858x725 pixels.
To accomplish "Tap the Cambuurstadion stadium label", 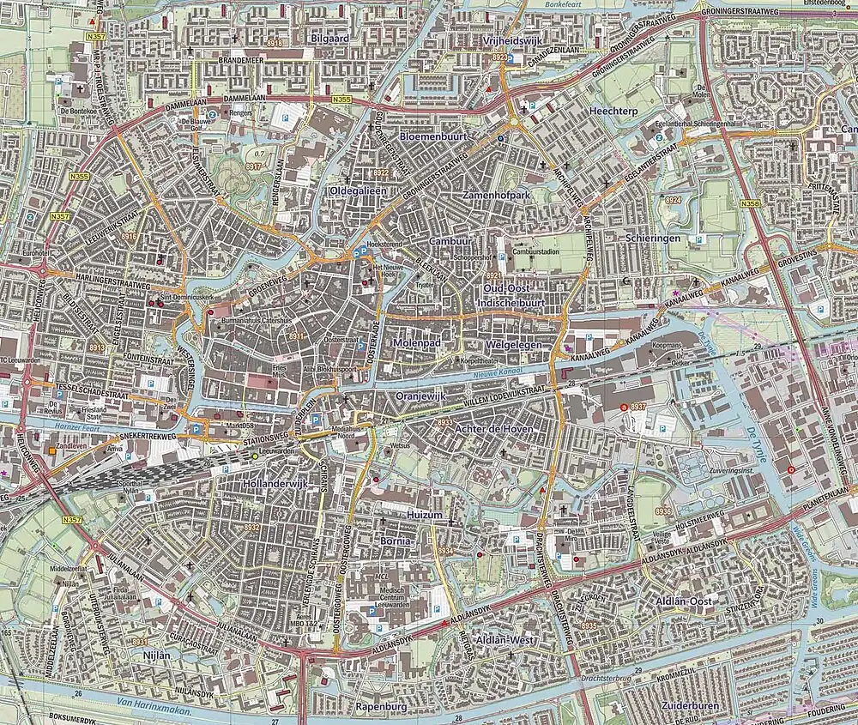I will pos(536,252).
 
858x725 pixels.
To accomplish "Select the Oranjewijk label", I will pos(423,396).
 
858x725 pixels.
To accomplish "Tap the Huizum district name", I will pos(425,515).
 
